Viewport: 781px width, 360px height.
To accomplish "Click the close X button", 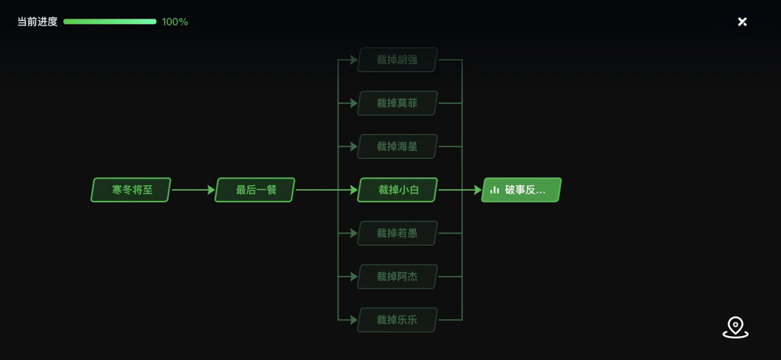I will click(x=742, y=22).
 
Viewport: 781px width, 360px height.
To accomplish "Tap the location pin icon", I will click(x=735, y=327).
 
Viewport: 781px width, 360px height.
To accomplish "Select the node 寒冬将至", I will click(x=131, y=190).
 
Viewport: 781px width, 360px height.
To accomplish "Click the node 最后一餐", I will click(x=255, y=190).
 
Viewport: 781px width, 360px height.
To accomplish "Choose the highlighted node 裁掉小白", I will click(x=398, y=190).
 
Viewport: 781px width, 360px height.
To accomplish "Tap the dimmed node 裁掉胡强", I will click(x=398, y=60).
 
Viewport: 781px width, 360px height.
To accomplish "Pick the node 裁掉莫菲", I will click(x=398, y=103).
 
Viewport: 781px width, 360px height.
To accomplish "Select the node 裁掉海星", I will click(x=398, y=147).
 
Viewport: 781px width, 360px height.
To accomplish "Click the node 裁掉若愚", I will click(x=398, y=233).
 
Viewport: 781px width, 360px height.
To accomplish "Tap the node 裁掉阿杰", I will click(x=398, y=277).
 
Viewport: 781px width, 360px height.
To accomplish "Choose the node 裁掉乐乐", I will click(x=398, y=320).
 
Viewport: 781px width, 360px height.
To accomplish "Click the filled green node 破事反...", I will click(x=521, y=190).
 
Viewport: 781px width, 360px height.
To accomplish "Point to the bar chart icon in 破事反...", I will click(x=495, y=190).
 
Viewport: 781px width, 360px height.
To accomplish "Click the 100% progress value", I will click(x=175, y=22).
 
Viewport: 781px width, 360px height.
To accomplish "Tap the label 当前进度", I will click(x=38, y=22).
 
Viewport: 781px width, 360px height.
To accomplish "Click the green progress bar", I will click(x=110, y=22).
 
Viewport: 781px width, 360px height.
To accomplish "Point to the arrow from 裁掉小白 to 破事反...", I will click(x=460, y=190).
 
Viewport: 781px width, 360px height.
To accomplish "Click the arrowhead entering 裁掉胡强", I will click(x=354, y=60).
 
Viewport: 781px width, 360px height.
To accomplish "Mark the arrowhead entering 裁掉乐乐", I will click(x=354, y=320).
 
